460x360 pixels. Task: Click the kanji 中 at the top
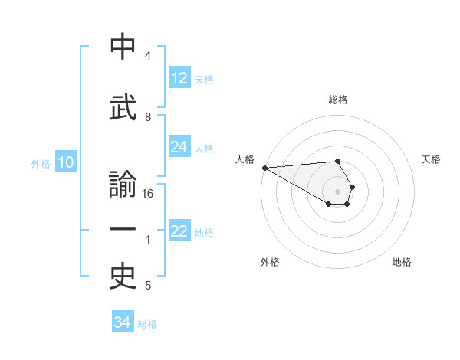[x=123, y=47]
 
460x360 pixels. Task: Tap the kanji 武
[x=123, y=107]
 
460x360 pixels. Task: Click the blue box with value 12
[x=179, y=78]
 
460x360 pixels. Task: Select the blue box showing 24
[x=179, y=147]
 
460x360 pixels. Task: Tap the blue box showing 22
[x=179, y=231]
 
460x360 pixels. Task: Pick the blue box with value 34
[x=123, y=322]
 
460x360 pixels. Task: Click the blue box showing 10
[x=65, y=162]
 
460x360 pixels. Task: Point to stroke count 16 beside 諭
[x=148, y=194]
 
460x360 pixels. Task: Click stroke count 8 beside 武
[x=148, y=116]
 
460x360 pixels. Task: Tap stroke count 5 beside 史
[x=148, y=286]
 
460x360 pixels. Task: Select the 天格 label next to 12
[x=204, y=80]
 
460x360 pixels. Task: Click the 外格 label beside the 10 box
[x=41, y=164]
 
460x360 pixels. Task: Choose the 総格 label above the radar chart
[x=337, y=100]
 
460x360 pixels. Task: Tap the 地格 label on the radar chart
[x=402, y=262]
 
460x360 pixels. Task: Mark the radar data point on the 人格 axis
[x=264, y=168]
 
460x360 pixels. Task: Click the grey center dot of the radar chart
[x=337, y=191]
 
